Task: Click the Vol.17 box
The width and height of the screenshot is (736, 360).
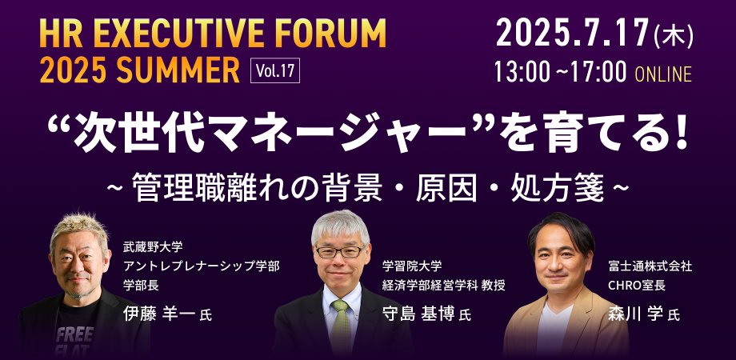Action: tap(275, 70)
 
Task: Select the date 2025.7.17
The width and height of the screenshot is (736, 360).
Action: tap(572, 34)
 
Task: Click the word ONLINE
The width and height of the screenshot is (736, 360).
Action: tap(663, 74)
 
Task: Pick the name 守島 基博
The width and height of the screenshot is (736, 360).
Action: tap(418, 314)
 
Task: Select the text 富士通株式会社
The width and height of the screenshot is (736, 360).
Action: tap(650, 266)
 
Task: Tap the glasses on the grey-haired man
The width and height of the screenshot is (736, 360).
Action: tap(339, 251)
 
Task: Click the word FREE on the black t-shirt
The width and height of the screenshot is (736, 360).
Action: tap(75, 334)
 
